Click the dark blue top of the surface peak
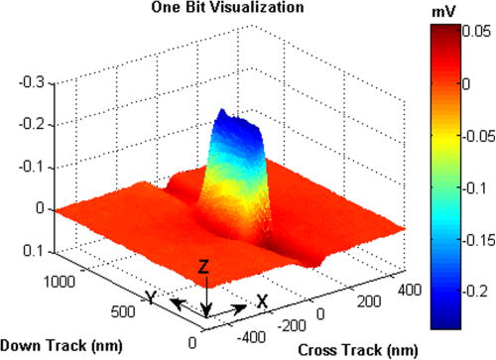(235, 119)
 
